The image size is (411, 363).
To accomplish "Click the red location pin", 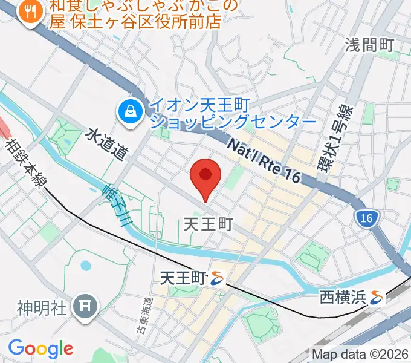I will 205,175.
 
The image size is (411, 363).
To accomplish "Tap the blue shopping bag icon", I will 129,111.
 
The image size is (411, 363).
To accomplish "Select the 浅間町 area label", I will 369,45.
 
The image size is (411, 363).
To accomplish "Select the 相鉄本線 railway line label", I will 24,163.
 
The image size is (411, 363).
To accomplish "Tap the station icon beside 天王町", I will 218,278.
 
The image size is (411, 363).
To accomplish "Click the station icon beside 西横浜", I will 378,298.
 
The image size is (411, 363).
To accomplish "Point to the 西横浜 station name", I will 343,298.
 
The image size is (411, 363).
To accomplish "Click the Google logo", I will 40,348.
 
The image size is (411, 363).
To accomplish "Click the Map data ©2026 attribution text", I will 360,354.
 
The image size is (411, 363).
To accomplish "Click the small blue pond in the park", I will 85,265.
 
